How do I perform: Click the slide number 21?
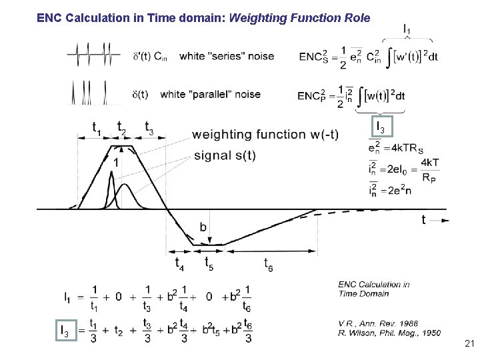[x=468, y=344]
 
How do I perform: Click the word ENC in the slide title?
[x=50, y=19]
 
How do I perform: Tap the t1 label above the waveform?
[x=97, y=128]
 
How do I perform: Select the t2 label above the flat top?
[x=122, y=127]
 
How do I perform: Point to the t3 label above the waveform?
[x=149, y=128]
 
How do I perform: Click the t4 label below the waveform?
[x=179, y=263]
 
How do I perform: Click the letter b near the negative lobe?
[x=203, y=227]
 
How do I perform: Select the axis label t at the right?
[x=423, y=219]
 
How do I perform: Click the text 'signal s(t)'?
[x=225, y=156]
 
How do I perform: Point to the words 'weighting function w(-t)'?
[x=265, y=135]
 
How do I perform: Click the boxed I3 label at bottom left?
[x=64, y=329]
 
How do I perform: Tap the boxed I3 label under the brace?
[x=380, y=125]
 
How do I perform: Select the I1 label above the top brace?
[x=407, y=29]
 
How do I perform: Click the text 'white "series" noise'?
[x=227, y=56]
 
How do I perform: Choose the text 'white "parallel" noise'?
[x=210, y=94]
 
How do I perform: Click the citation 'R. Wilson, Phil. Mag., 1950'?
[x=389, y=333]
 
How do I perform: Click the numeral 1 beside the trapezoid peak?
[x=117, y=162]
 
